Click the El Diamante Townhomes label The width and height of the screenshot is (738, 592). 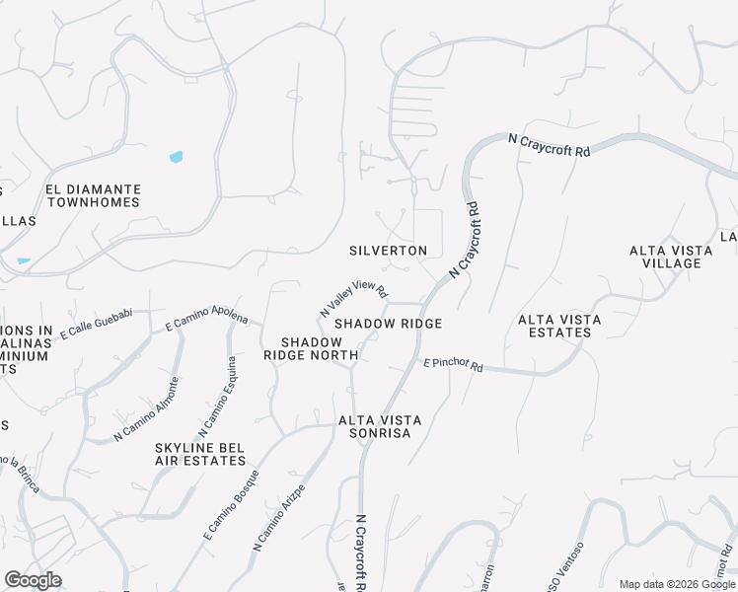[x=93, y=195]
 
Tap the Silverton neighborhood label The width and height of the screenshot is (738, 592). [x=389, y=251]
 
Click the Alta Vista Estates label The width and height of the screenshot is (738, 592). [x=554, y=326]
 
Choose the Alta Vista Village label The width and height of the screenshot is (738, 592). [x=671, y=257]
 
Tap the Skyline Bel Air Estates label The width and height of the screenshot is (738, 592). [x=200, y=454]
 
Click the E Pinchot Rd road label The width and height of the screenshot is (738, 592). [x=453, y=366]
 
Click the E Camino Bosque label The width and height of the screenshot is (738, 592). [x=231, y=503]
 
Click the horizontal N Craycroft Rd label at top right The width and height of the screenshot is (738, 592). [x=549, y=146]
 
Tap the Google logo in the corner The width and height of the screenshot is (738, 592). [x=33, y=580]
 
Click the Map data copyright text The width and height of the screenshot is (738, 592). [x=678, y=584]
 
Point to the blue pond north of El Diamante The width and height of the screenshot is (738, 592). [x=177, y=157]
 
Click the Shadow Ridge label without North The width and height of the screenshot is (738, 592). [x=387, y=324]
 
